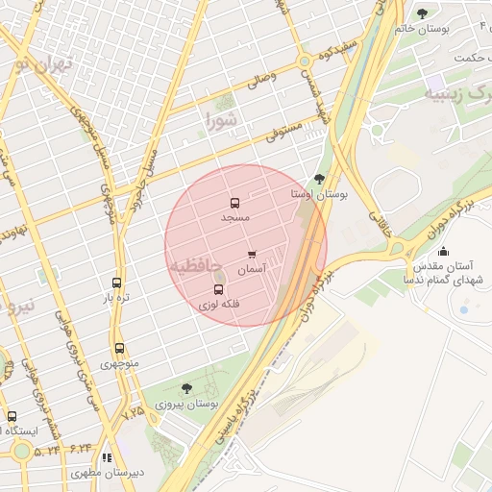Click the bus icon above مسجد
coord(234,204)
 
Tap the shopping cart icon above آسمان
coord(252,256)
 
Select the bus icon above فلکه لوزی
coord(219,289)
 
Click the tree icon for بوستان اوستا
coord(319,179)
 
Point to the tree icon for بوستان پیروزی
coord(186,388)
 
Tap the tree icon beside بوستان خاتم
coord(422,13)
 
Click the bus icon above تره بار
coord(116,283)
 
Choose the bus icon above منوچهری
coord(119,350)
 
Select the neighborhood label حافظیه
coord(196,263)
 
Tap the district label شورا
coord(220,120)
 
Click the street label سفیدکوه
coord(340,50)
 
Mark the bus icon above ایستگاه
coord(12,417)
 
